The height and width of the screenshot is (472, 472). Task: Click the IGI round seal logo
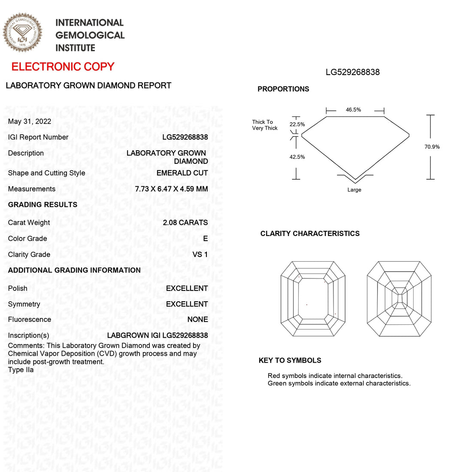pos(23,33)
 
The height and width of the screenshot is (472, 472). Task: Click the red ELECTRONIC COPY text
pos(63,67)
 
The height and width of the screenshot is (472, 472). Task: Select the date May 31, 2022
pos(30,121)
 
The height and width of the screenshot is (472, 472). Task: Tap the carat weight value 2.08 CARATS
pos(185,222)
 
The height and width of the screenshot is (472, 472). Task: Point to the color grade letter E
pos(206,239)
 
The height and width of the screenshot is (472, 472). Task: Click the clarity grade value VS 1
pos(200,254)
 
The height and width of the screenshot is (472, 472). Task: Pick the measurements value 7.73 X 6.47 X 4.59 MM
pos(171,189)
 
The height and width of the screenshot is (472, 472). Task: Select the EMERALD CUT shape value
pos(182,173)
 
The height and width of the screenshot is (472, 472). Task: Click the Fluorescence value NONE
pos(197,319)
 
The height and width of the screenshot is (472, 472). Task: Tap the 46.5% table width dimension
pos(354,110)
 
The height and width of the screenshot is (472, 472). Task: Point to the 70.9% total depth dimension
pos(432,147)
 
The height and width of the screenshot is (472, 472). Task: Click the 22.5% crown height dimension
pos(297,124)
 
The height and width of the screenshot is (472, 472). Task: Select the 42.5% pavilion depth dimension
pos(297,157)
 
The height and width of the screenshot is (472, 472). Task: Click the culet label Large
pos(354,190)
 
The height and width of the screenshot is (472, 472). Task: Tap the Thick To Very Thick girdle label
pos(265,125)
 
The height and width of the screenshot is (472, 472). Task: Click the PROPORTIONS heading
pos(283,89)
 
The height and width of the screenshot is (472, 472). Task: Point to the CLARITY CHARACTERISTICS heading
pos(310,233)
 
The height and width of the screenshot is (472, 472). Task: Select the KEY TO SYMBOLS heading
pos(290,360)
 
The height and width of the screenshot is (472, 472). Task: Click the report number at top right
pos(353,72)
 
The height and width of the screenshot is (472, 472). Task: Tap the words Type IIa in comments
pos(21,369)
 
